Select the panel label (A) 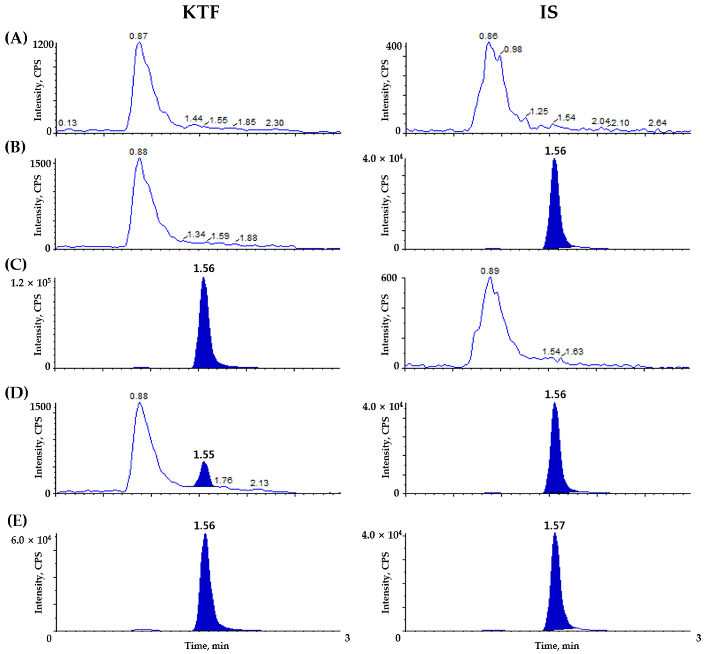pos(16,38)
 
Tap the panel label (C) pos(16,264)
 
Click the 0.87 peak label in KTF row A pos(139,36)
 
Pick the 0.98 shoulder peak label pos(513,49)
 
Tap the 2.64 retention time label pos(657,123)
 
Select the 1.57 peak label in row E pos(554,525)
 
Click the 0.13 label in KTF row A pos(68,123)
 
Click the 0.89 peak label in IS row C pos(490,271)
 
